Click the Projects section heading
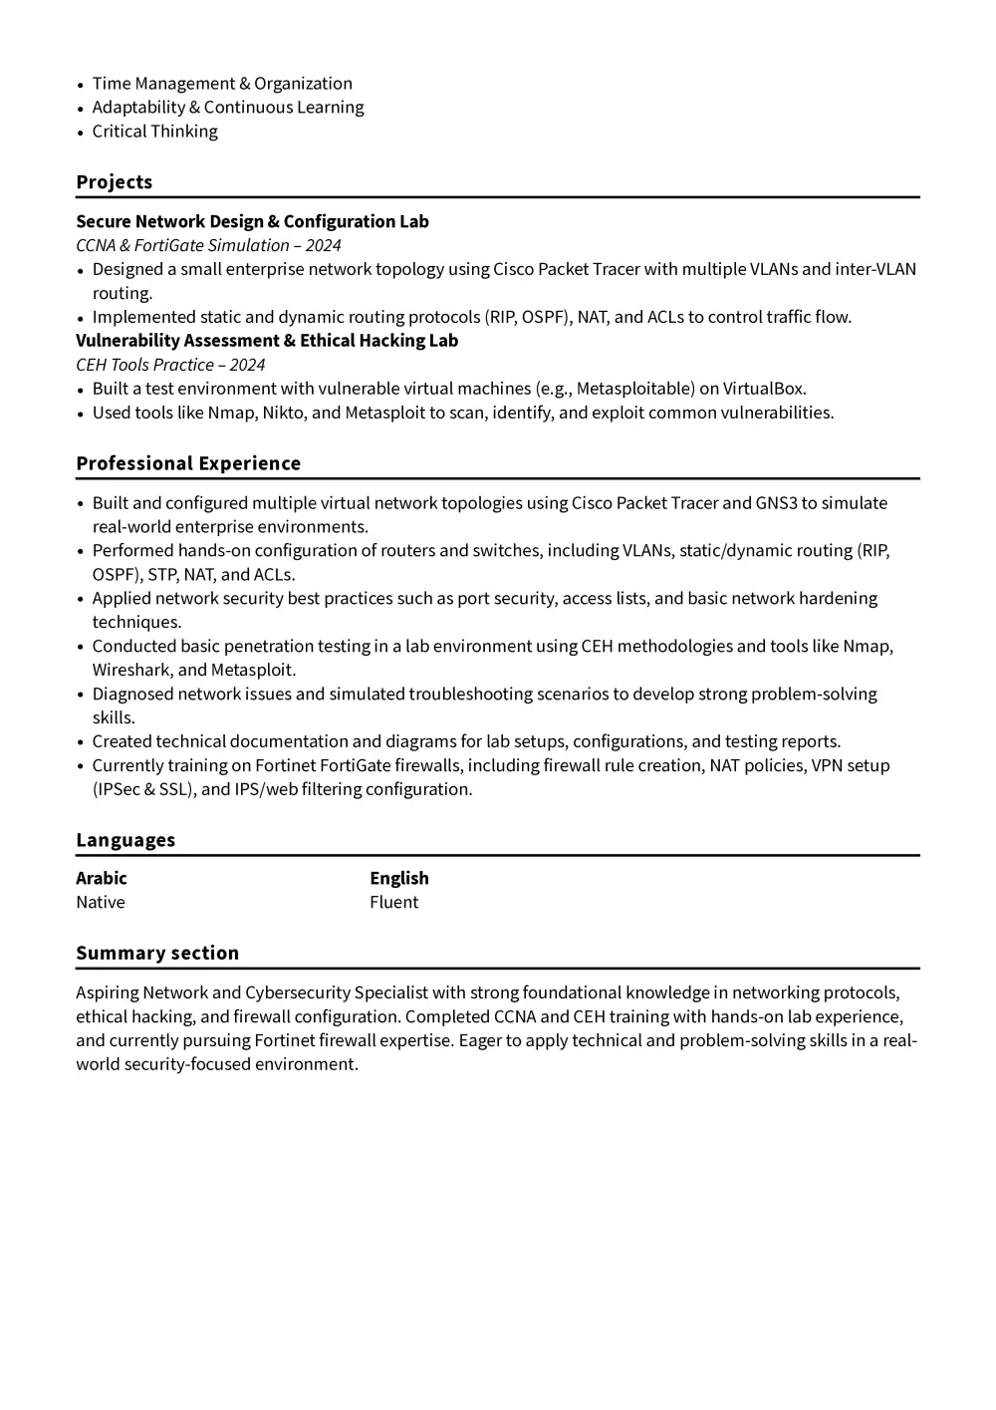[115, 182]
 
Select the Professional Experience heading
[188, 463]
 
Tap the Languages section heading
[125, 840]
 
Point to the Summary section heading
[157, 953]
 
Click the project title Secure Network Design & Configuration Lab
[252, 221]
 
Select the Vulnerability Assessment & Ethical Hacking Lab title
[267, 341]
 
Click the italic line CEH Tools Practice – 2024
[170, 365]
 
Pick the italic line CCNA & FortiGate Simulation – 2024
[208, 245]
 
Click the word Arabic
[102, 878]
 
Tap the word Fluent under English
[393, 902]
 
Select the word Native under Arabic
[101, 902]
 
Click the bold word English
[399, 878]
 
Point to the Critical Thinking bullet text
[154, 132]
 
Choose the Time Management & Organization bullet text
[222, 84]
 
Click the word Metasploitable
[634, 389]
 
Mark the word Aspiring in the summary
[107, 992]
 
